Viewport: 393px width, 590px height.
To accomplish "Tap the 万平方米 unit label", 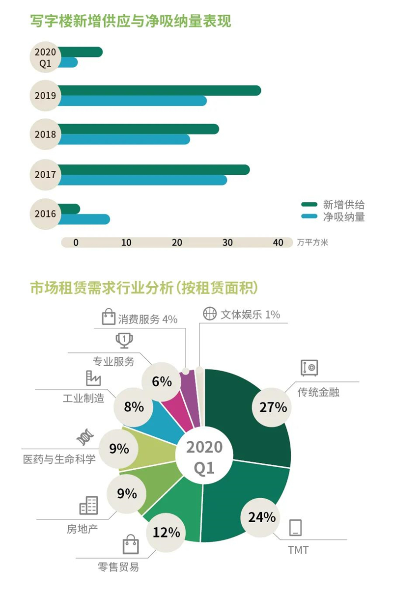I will pos(312,242).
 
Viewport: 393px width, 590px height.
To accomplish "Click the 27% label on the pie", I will pos(270,407).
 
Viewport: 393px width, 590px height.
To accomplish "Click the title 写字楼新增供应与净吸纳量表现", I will pos(131,22).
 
